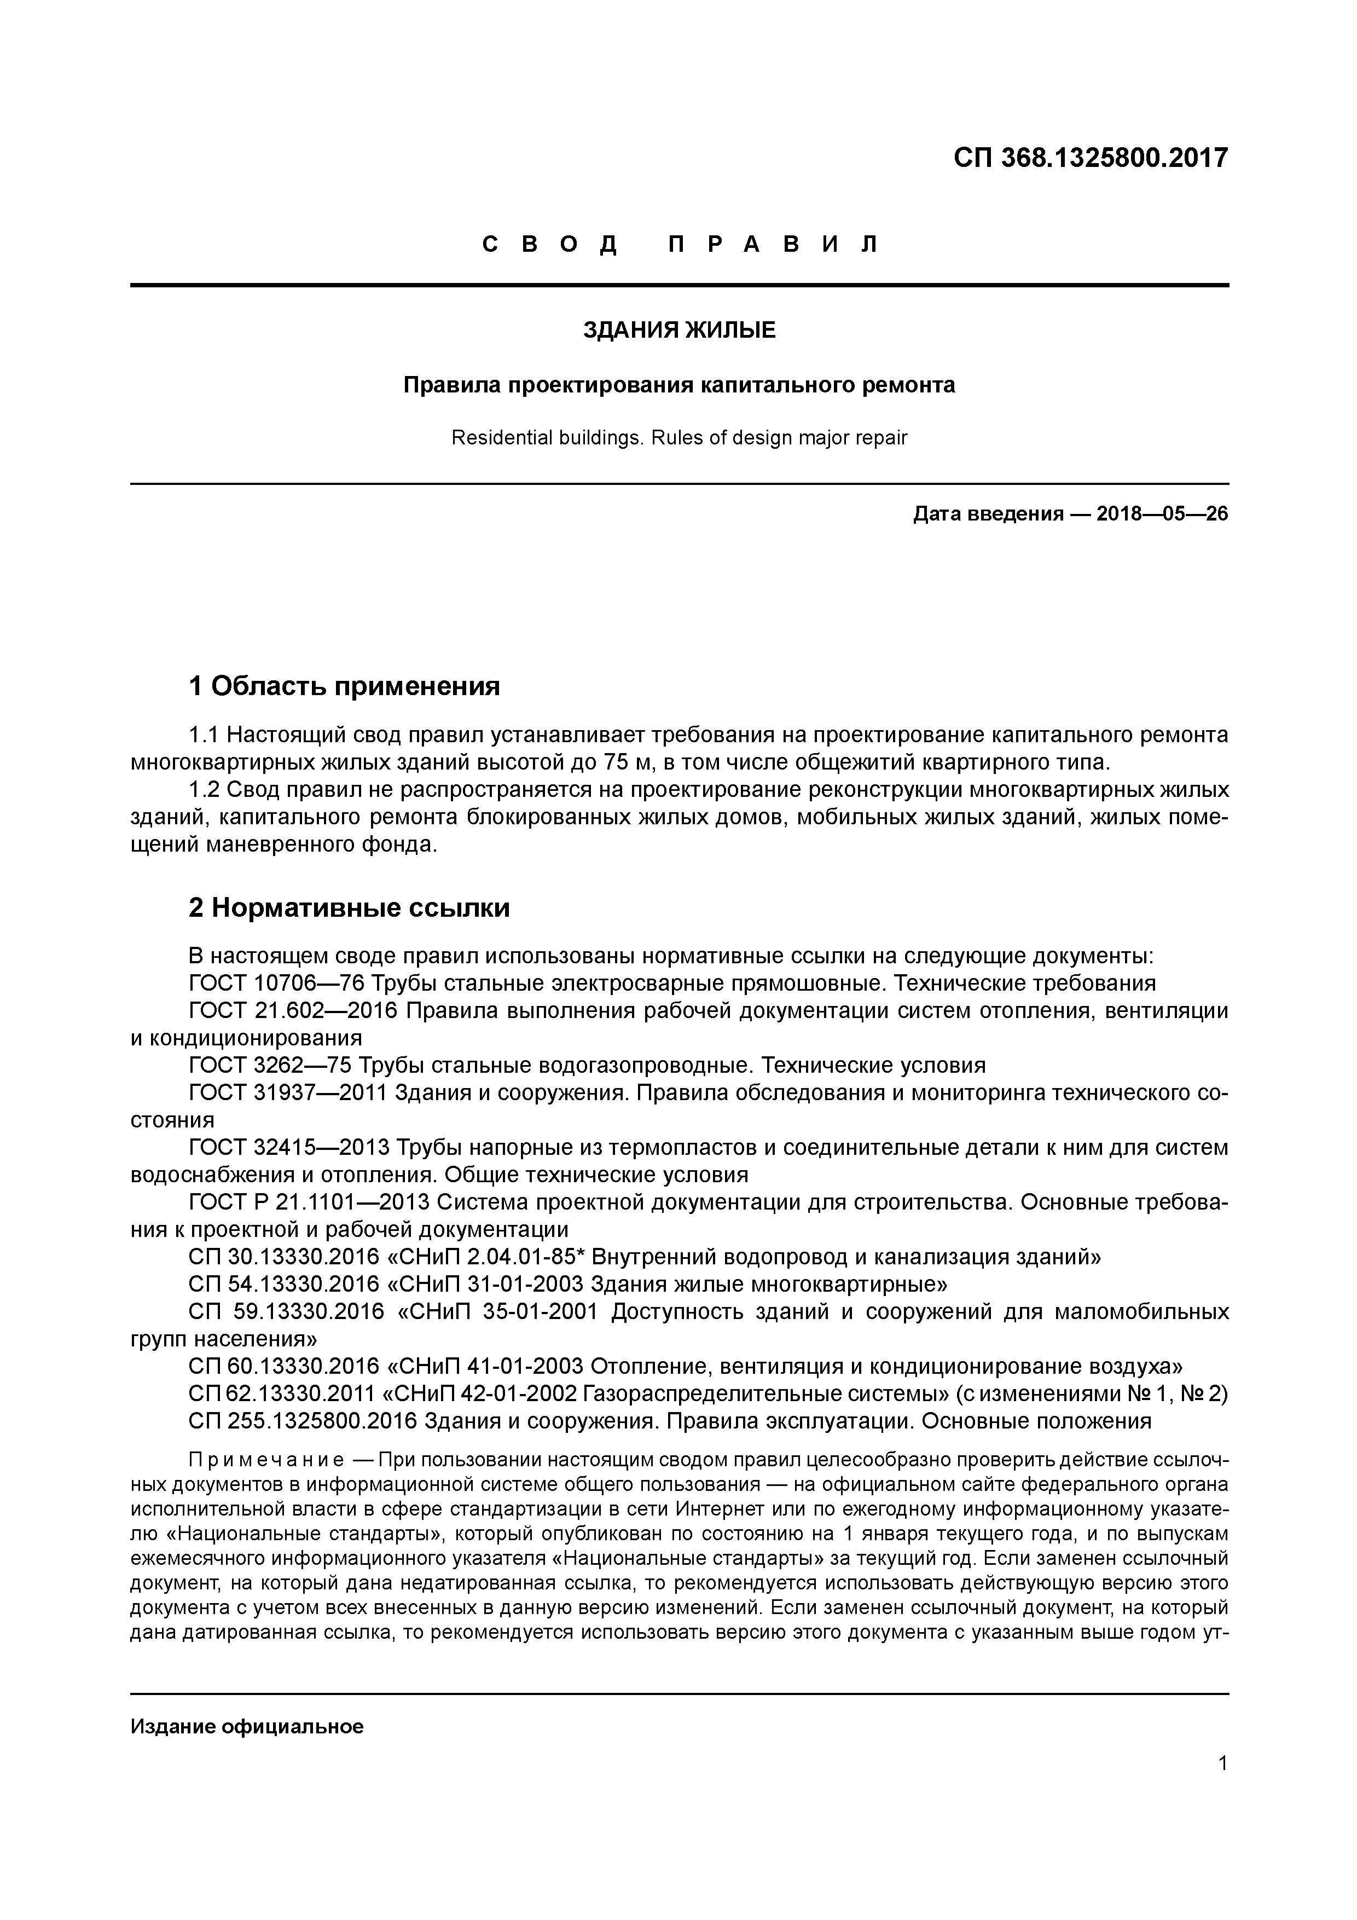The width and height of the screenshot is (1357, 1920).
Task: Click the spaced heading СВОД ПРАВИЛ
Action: tap(679, 245)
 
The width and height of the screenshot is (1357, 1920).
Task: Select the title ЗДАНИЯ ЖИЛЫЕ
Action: tap(679, 331)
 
